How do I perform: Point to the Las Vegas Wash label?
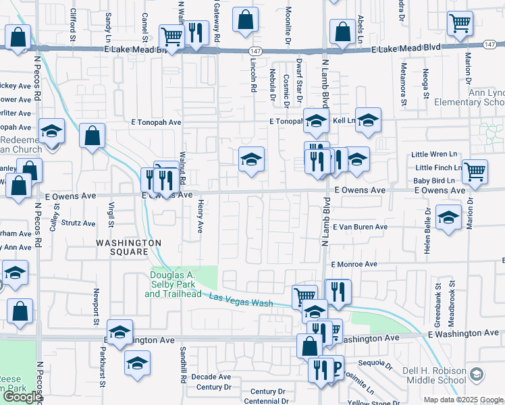[x=242, y=300]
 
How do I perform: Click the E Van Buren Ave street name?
[x=358, y=227]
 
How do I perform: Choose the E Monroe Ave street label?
[x=353, y=265]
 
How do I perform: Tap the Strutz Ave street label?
[x=78, y=223]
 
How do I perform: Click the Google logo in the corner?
[x=22, y=397]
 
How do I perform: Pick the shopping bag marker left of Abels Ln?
[x=343, y=31]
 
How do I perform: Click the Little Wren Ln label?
[x=436, y=155]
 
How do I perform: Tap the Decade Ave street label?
[x=211, y=376]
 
